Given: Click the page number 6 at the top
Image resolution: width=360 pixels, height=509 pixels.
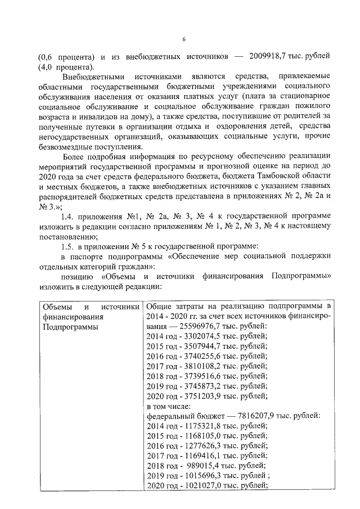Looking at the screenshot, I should [183, 39].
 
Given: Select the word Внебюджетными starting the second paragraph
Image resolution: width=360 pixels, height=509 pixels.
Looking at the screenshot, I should [90, 76].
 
